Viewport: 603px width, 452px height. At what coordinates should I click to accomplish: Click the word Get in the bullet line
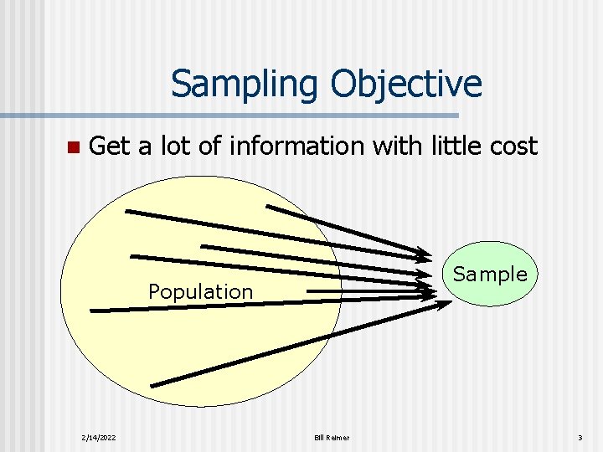[110, 146]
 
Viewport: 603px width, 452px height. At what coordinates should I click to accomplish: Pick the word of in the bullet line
[210, 146]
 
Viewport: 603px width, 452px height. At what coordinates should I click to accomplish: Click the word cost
[514, 146]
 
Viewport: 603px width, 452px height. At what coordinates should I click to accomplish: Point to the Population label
[200, 291]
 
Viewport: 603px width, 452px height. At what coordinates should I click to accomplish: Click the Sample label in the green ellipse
[490, 274]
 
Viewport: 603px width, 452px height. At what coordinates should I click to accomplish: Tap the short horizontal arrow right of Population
[368, 291]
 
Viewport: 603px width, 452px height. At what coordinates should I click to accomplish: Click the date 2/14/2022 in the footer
[99, 438]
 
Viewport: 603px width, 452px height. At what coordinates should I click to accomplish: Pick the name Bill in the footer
[320, 438]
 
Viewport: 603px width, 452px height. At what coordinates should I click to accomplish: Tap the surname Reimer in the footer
[338, 438]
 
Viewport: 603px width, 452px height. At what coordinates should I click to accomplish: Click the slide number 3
[579, 438]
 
